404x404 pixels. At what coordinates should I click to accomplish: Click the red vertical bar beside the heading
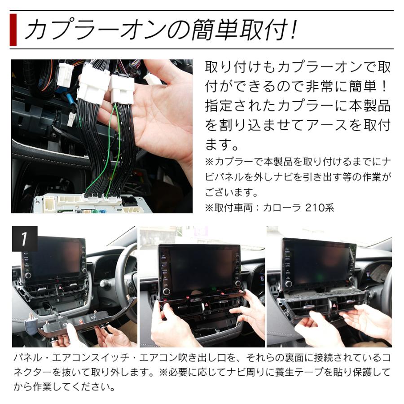(x=13, y=30)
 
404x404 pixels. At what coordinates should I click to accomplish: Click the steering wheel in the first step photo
(x=126, y=278)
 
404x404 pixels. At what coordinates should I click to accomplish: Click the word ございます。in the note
(x=231, y=193)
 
